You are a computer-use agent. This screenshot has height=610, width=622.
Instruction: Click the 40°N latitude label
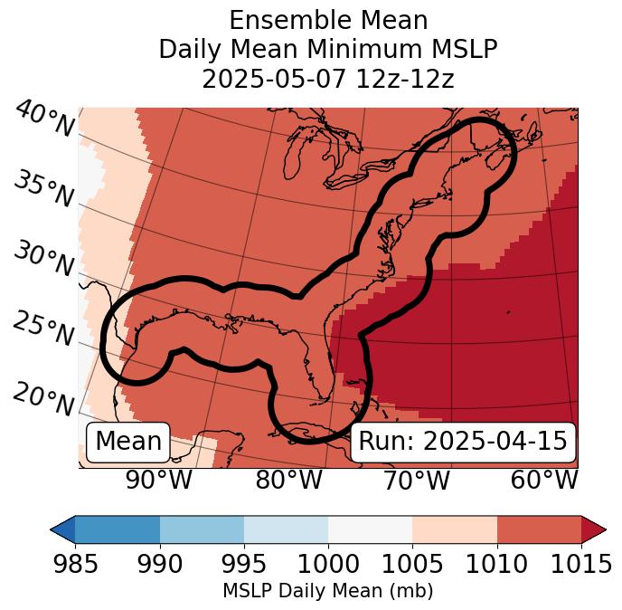click(42, 120)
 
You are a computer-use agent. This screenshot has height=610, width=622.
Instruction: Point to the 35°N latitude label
click(42, 188)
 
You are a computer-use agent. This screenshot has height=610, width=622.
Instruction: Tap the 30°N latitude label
click(42, 259)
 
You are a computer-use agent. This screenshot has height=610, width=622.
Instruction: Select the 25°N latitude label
click(42, 329)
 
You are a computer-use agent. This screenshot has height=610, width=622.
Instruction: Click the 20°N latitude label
click(42, 398)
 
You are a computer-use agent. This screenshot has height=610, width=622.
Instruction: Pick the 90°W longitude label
click(158, 481)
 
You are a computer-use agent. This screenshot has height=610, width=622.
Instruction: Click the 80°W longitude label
click(288, 481)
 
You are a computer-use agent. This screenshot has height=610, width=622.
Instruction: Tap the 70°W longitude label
click(417, 481)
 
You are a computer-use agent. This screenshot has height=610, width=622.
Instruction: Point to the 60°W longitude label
click(544, 481)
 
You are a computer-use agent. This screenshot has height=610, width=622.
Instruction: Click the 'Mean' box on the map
click(128, 442)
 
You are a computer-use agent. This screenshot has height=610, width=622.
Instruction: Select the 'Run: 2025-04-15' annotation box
click(463, 442)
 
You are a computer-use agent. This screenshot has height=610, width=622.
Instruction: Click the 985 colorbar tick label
click(75, 565)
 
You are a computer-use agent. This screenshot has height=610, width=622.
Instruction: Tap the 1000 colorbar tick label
click(328, 565)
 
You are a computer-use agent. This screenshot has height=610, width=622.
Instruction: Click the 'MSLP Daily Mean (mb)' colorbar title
click(327, 592)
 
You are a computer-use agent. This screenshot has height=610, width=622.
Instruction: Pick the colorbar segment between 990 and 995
click(202, 529)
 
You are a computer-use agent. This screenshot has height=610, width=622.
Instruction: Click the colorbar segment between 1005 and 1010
click(455, 529)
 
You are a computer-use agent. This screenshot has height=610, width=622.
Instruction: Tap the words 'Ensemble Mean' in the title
click(327, 21)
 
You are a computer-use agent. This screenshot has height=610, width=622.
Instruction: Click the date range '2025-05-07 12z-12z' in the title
click(327, 79)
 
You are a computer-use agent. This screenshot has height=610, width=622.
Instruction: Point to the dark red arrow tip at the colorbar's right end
click(595, 529)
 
